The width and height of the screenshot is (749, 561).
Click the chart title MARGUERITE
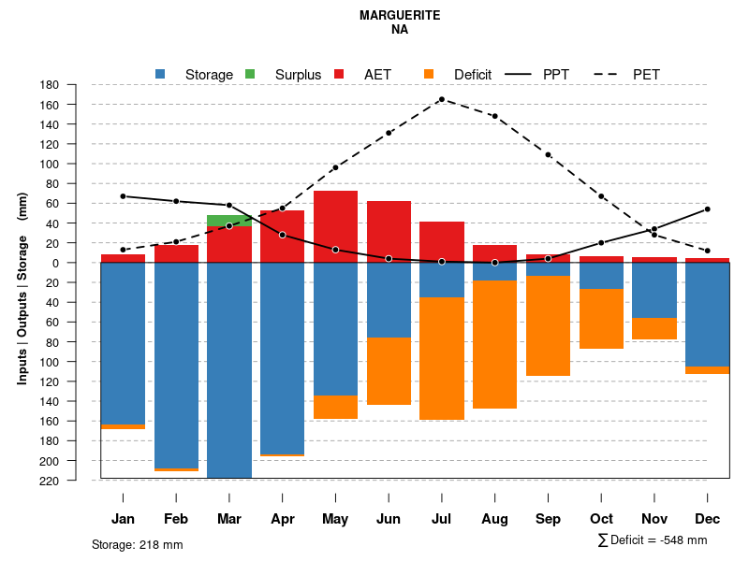coord(399,16)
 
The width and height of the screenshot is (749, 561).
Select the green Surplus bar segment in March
coord(229,220)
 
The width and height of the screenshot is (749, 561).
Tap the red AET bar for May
coord(335,224)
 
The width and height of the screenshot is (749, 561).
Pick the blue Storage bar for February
coord(176,365)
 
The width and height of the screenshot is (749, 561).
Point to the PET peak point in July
coord(441,99)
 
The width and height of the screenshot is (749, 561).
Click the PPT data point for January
coord(123,196)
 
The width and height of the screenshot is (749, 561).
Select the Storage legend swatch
coord(161,74)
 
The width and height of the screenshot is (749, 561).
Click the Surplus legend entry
coord(298,75)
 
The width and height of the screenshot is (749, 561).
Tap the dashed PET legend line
coord(609,74)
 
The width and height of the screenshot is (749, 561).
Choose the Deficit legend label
coord(473,75)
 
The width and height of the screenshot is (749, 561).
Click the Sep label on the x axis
coord(548,519)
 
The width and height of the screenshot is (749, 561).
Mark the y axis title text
coord(22,288)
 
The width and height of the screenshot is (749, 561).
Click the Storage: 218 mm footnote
coord(137,544)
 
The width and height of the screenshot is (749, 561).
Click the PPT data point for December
coord(708,209)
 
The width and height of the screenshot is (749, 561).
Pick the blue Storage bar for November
coord(654,291)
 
